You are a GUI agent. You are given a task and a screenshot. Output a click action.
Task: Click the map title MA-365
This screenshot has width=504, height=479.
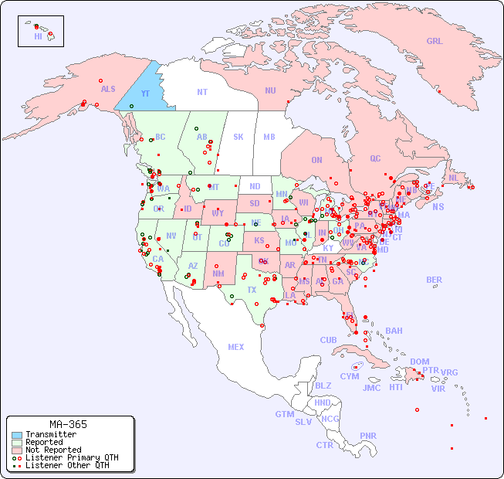(68, 424)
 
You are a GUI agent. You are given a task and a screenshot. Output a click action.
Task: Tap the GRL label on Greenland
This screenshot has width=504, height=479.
(435, 42)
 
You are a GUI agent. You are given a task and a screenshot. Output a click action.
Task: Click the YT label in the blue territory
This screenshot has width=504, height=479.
(144, 93)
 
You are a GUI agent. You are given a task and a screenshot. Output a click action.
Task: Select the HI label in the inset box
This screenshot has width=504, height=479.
(38, 36)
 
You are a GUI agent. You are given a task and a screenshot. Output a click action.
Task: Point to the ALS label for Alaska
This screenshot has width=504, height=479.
(108, 90)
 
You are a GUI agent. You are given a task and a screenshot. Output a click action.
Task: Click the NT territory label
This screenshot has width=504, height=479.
(201, 92)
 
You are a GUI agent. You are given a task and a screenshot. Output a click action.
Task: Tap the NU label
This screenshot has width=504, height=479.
(270, 90)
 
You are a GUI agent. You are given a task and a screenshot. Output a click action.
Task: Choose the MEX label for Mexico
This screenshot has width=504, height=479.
(235, 347)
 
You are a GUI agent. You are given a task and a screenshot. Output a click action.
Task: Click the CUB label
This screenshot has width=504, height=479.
(328, 340)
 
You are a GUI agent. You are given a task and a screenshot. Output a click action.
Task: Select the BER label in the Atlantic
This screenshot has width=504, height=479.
(434, 280)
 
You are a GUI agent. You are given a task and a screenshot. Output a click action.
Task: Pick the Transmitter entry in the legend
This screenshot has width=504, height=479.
(50, 435)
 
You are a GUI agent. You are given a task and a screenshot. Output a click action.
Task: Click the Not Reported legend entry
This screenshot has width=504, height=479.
(52, 450)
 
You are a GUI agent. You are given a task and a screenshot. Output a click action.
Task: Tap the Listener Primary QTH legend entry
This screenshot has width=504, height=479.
(71, 457)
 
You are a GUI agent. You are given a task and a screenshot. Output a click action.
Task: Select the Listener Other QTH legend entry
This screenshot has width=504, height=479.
(66, 465)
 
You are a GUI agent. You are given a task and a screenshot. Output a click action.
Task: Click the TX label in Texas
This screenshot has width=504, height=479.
(252, 290)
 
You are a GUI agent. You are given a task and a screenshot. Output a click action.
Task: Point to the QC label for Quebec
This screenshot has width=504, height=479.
(375, 159)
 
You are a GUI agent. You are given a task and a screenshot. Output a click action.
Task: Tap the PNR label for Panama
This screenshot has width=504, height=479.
(368, 436)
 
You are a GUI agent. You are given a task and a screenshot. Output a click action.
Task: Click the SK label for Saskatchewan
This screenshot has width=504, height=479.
(238, 138)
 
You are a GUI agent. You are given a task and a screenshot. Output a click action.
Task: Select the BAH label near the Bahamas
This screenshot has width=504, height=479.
(394, 331)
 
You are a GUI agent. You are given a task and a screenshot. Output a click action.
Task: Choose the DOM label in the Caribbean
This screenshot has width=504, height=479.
(419, 362)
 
